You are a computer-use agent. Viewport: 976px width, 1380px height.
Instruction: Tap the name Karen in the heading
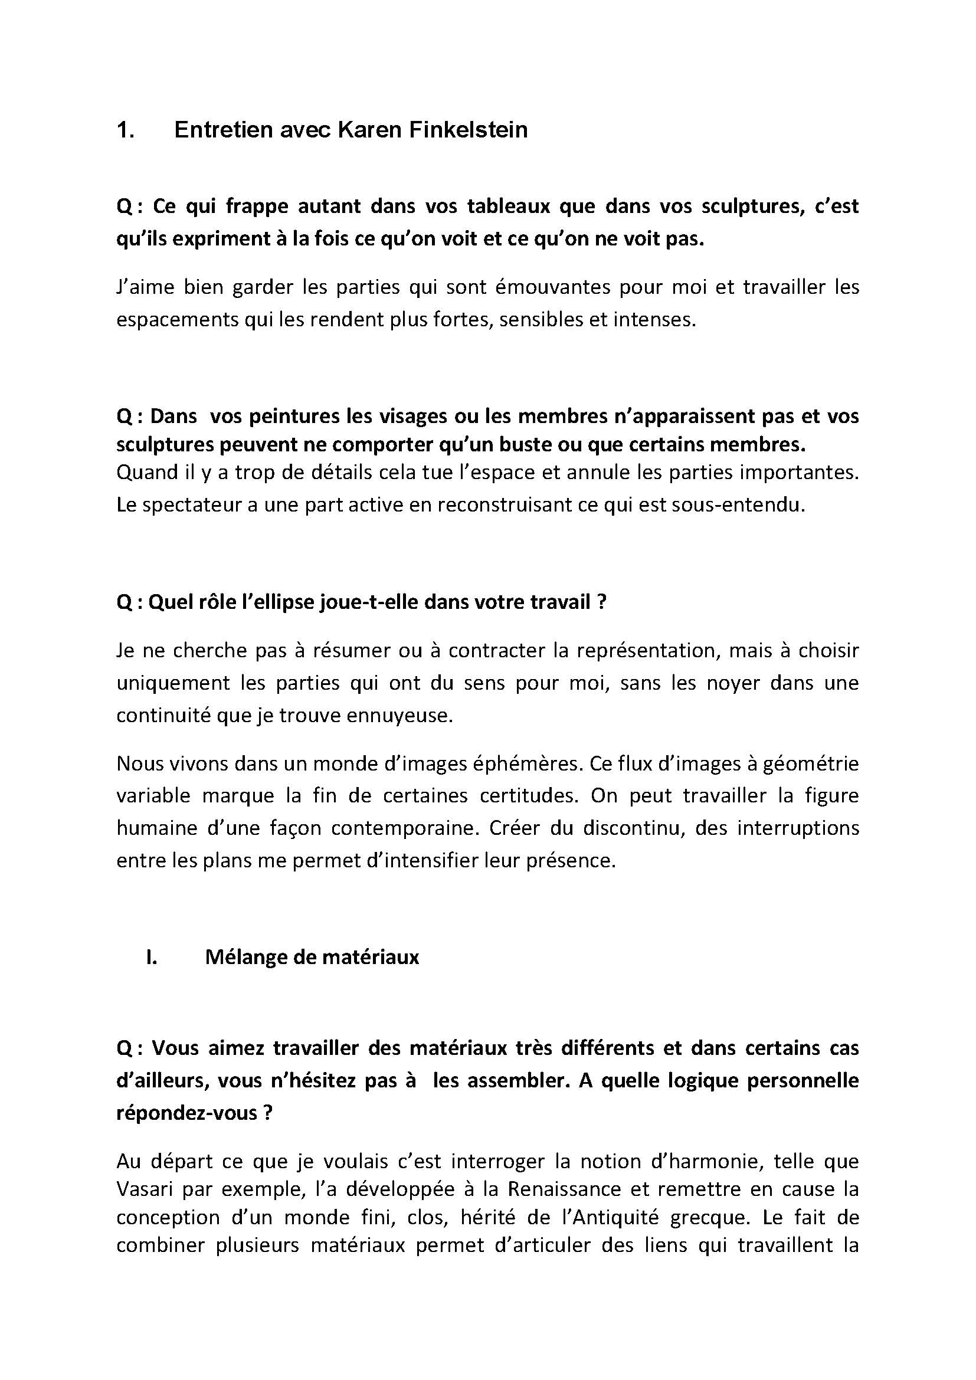tap(369, 130)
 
